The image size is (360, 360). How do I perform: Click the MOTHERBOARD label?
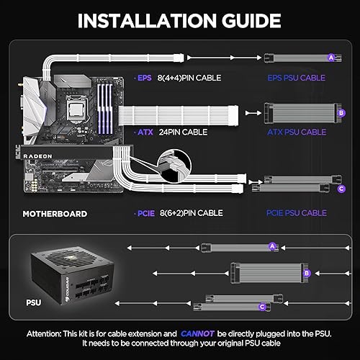[55, 213]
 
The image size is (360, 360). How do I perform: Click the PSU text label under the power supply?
[28, 303]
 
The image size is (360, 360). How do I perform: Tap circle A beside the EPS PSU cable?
[331, 56]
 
